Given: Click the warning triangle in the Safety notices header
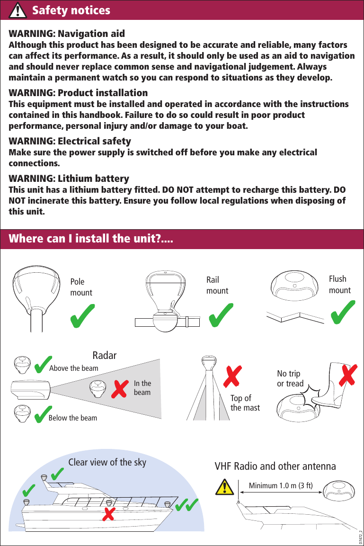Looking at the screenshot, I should (x=18, y=10).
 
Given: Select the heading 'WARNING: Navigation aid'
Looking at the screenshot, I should (x=67, y=34).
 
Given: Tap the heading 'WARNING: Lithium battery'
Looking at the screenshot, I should (x=69, y=179).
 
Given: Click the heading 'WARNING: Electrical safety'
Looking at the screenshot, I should (x=70, y=141).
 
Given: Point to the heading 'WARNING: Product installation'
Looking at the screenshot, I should (x=79, y=92).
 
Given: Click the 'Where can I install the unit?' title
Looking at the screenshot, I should (x=91, y=238).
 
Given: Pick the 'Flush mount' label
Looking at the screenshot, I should (x=340, y=285).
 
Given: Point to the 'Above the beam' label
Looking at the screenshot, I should (x=74, y=368).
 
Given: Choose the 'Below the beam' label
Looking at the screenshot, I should (x=73, y=418).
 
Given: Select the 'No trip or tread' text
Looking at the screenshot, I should (x=290, y=378).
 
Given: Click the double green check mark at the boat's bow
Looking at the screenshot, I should (x=186, y=506).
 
